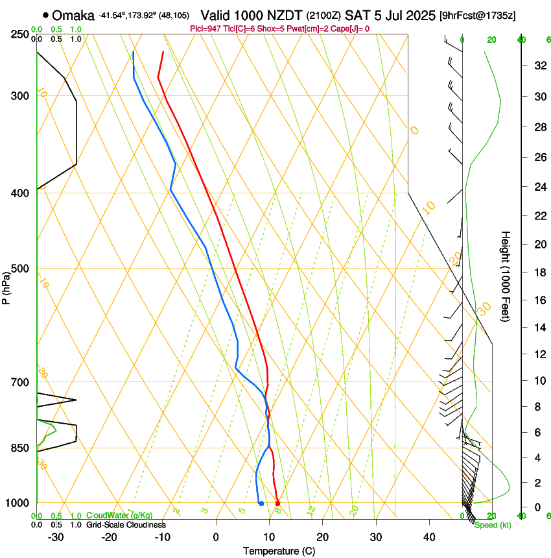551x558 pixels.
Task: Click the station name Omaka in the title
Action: tap(73, 15)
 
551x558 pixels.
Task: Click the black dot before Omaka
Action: tap(45, 15)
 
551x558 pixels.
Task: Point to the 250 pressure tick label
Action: tap(21, 34)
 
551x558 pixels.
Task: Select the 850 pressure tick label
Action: tap(21, 448)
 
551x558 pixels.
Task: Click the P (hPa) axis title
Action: tap(6, 286)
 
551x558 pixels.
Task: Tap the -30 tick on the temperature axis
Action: tap(56, 537)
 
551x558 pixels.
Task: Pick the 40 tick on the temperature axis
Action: tap(428, 537)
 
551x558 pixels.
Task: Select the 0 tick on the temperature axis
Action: tap(216, 537)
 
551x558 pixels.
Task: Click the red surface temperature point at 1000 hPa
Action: tap(277, 503)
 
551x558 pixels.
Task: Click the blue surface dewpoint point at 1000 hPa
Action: tap(261, 503)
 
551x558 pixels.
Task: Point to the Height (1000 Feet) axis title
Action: tap(506, 276)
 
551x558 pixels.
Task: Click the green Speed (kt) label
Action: tap(493, 525)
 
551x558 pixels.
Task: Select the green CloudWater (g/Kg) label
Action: tap(120, 516)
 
